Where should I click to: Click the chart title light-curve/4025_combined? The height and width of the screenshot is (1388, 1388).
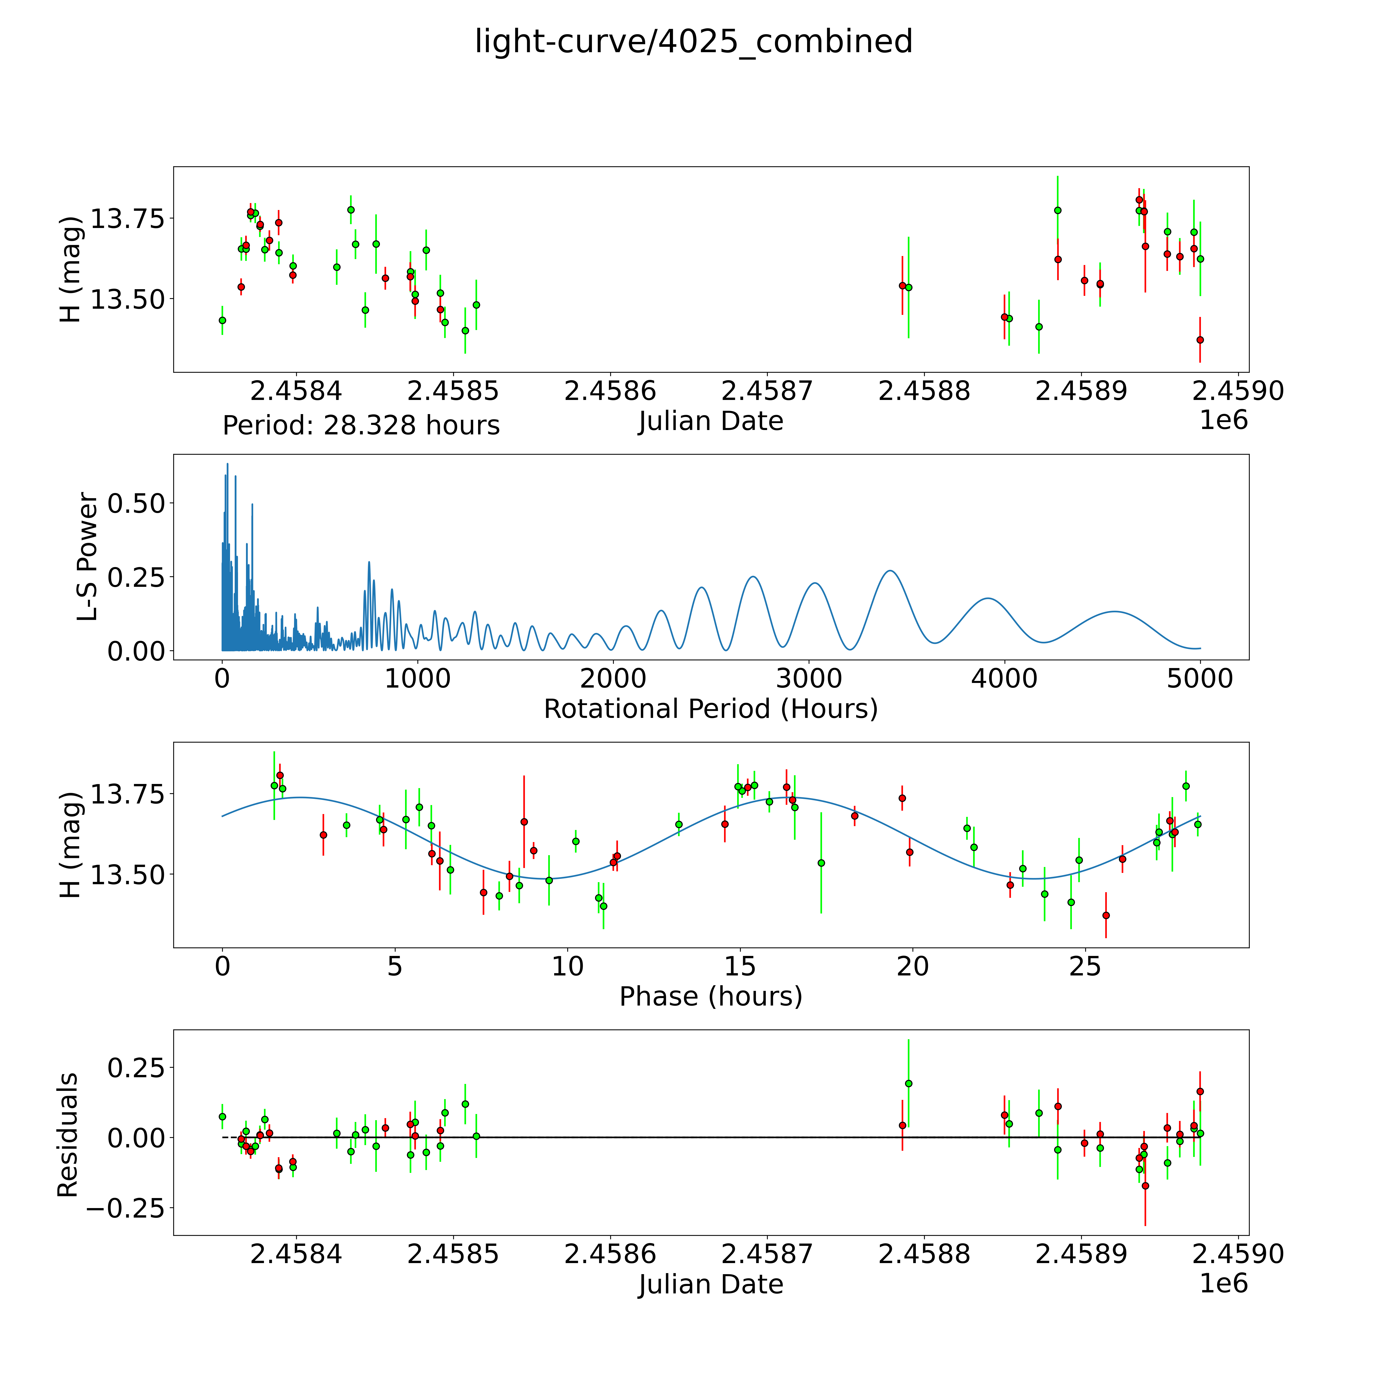[693, 42]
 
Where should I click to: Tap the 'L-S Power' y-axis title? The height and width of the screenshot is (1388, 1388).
[87, 557]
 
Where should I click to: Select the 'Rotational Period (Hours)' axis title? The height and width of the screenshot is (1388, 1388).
[710, 709]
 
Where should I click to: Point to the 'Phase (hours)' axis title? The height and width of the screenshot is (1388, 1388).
[710, 997]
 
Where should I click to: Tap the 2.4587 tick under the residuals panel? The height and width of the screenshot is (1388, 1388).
[766, 1254]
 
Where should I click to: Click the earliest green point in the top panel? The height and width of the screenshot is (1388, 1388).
[222, 321]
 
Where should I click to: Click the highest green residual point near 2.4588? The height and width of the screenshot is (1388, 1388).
[908, 1083]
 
